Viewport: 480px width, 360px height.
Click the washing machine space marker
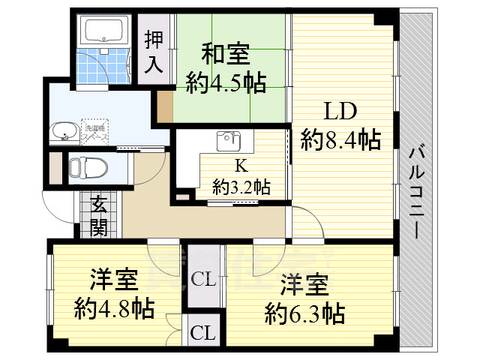(x=94, y=131)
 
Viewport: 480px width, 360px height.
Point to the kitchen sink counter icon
(x=228, y=141)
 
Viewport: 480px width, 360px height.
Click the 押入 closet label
(x=154, y=50)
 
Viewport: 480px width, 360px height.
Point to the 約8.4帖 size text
(x=340, y=139)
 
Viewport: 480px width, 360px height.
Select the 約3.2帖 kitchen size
(x=241, y=186)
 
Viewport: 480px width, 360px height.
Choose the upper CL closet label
(x=203, y=280)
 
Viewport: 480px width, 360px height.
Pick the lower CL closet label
(x=200, y=332)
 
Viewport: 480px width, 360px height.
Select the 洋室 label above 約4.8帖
(x=115, y=281)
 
